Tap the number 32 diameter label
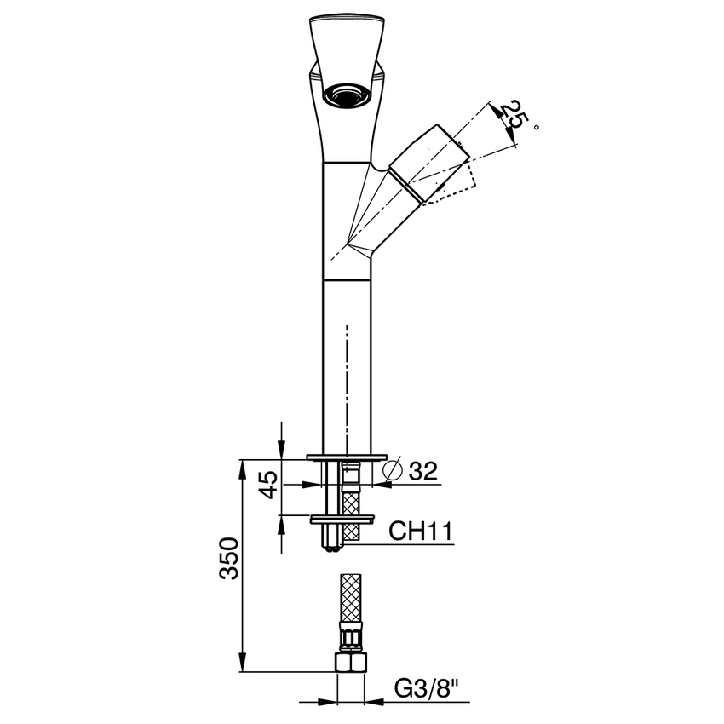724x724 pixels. pos(423,471)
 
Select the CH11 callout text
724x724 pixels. pos(420,531)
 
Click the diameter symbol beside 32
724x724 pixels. pos(393,470)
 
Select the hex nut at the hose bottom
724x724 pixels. pos(349,664)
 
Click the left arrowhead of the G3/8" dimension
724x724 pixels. pos(330,703)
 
